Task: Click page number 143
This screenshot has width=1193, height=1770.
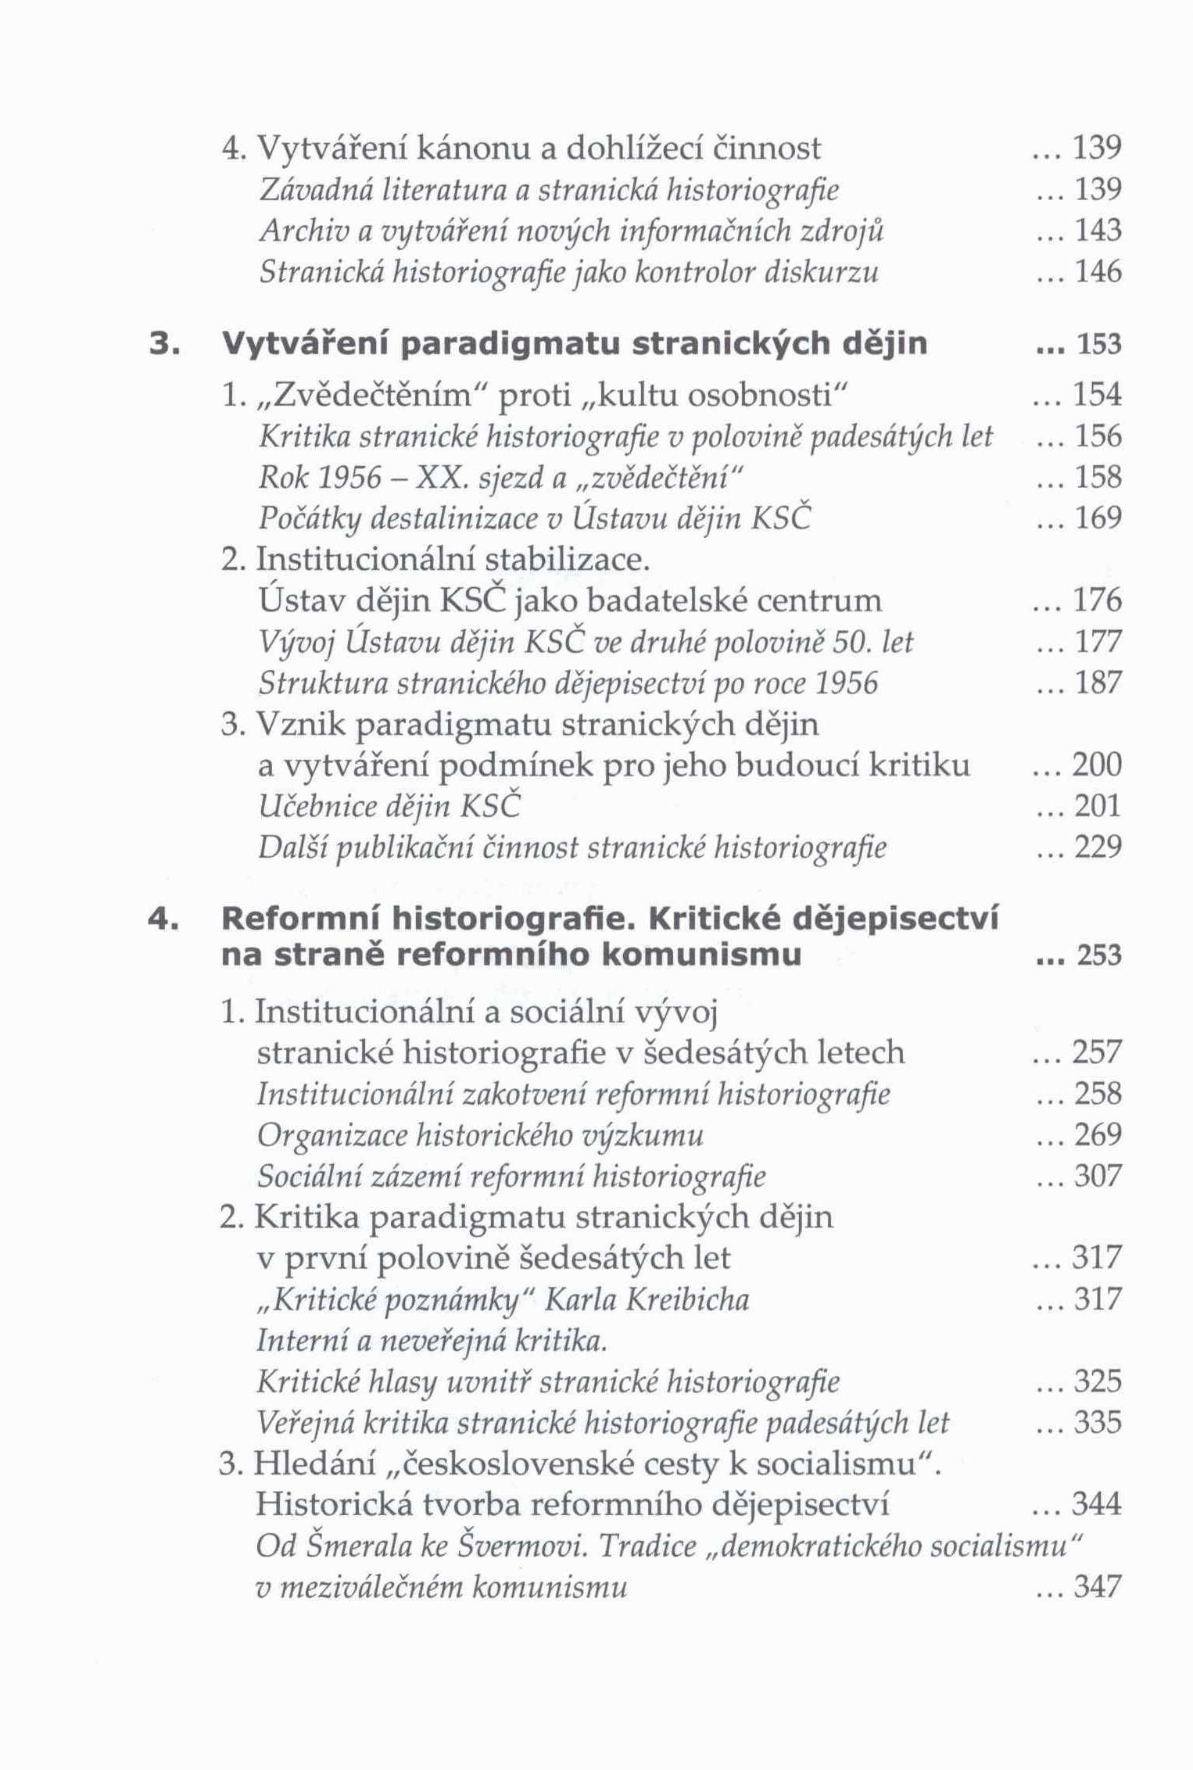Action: [1098, 231]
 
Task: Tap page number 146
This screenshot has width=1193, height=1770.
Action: [1098, 272]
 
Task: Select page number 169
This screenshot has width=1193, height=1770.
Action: [1098, 518]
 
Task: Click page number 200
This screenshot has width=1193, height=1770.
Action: [1098, 765]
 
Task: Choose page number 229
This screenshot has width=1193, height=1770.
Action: [1098, 847]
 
